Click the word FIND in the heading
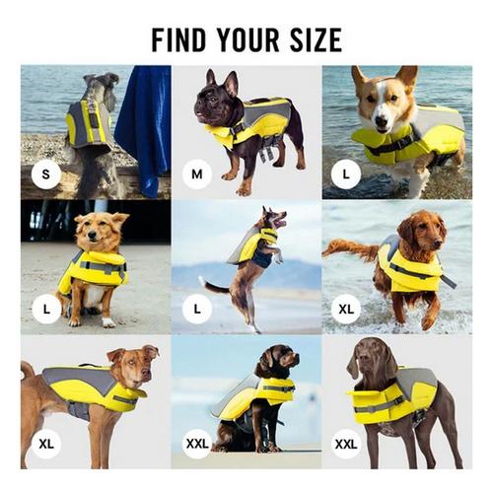pos(182,40)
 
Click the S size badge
pos(45,176)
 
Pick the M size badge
pos(196,176)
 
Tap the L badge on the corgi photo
pos(346,176)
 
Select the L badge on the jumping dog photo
pos(196,309)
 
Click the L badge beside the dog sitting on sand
pos(45,309)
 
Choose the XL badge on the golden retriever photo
pos(346,309)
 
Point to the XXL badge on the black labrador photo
pos(196,443)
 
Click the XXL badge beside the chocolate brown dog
pos(346,443)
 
